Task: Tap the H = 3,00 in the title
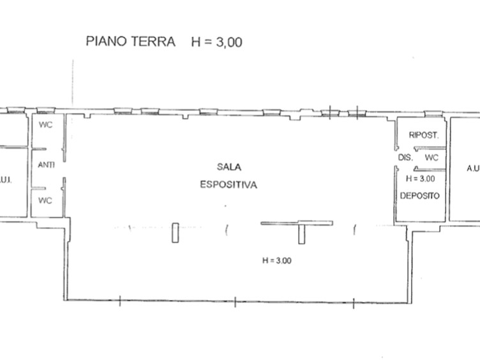[217, 42]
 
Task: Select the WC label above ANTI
[45, 124]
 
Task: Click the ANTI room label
[46, 165]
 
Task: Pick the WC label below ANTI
[45, 200]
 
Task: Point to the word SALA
[228, 167]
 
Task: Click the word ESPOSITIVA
[228, 185]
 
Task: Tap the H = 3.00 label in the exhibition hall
[276, 260]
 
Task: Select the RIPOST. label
[423, 135]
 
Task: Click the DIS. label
[405, 157]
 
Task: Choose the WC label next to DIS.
[431, 157]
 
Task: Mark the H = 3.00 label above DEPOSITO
[419, 179]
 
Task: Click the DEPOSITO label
[420, 195]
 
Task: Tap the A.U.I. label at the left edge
[6, 179]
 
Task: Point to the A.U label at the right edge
[473, 169]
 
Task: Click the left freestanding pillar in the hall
[174, 232]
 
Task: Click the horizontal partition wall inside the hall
[296, 223]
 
